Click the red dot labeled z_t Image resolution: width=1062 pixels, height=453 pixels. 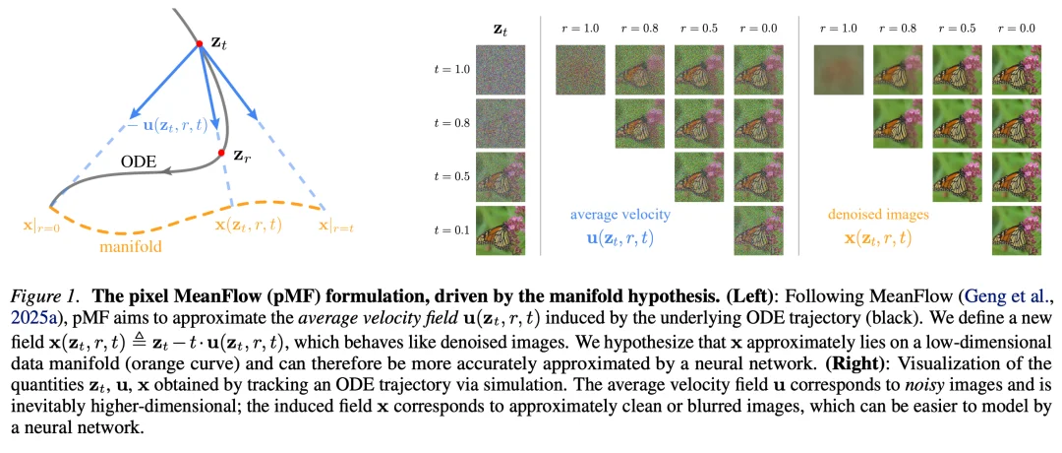coord(200,44)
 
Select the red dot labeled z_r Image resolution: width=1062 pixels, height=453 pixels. coord(222,154)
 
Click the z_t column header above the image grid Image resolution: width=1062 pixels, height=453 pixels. coord(501,30)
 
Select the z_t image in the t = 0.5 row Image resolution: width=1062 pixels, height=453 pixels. coord(501,177)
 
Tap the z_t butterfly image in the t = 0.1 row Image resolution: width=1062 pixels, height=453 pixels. coord(501,230)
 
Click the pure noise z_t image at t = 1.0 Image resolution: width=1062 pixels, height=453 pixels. coord(501,69)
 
